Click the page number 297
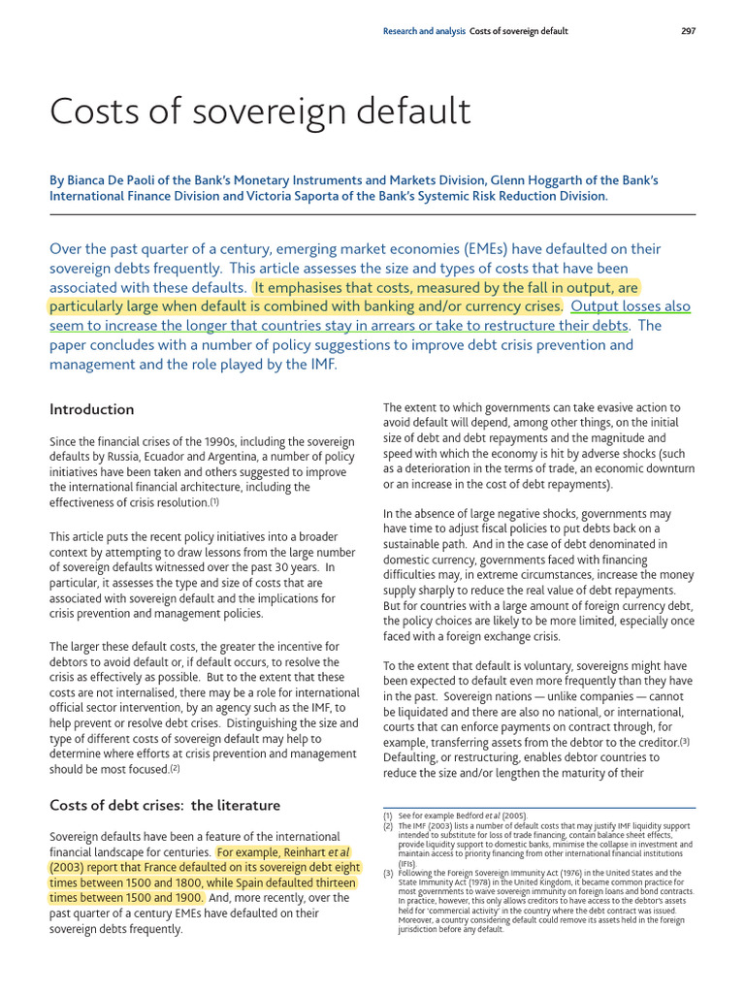pyautogui.click(x=688, y=31)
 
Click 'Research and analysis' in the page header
pyautogui.click(x=425, y=31)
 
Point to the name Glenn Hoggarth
pyautogui.click(x=566, y=180)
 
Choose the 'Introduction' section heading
pyautogui.click(x=92, y=409)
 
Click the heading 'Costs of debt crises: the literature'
pyautogui.click(x=165, y=805)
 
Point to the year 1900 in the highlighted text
pyautogui.click(x=187, y=898)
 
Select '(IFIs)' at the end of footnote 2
pyautogui.click(x=407, y=863)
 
